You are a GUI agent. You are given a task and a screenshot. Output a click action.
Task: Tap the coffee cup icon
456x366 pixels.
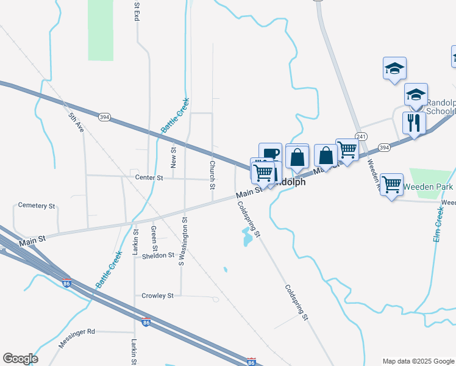(270, 153)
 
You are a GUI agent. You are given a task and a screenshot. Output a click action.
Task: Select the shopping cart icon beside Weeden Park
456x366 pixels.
(391, 184)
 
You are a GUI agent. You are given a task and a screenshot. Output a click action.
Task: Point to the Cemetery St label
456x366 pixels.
(37, 206)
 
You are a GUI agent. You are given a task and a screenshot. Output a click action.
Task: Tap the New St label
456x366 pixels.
(173, 157)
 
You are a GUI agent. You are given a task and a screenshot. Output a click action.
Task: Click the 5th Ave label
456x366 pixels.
(76, 123)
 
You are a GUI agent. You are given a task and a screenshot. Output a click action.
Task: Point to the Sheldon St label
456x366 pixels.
(159, 256)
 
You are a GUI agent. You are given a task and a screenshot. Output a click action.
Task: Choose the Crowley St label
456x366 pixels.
(157, 296)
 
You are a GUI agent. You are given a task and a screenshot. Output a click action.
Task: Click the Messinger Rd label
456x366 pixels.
(77, 332)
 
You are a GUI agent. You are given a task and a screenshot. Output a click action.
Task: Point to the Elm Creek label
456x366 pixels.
(438, 224)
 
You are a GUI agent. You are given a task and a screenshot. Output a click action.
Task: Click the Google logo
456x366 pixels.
(20, 359)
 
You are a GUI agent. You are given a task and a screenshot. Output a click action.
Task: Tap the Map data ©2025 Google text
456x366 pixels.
(418, 361)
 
